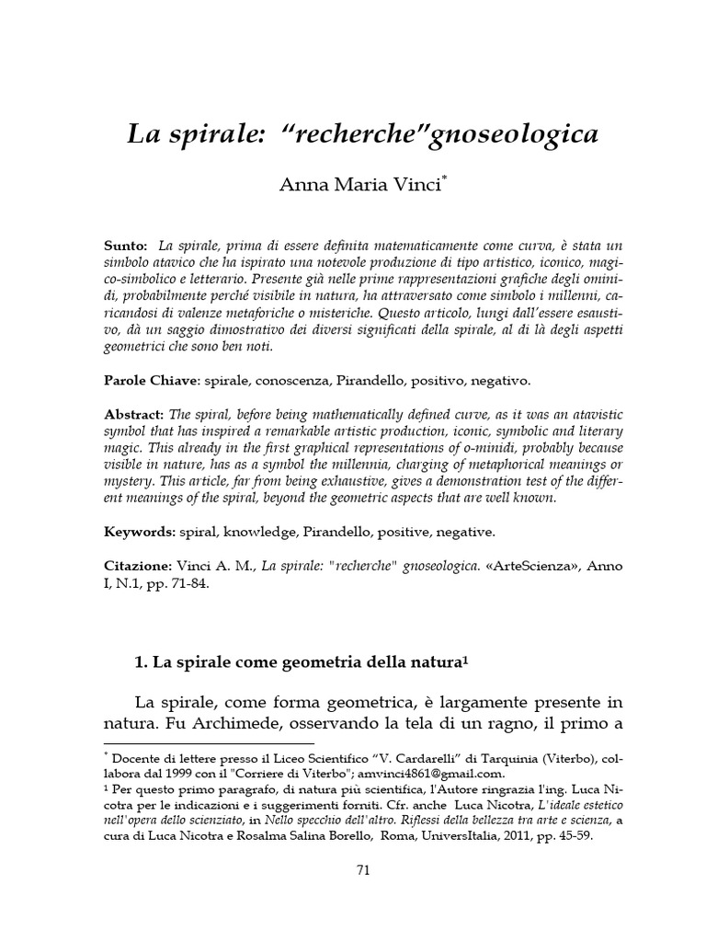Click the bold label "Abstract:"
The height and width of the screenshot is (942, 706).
tap(133, 413)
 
